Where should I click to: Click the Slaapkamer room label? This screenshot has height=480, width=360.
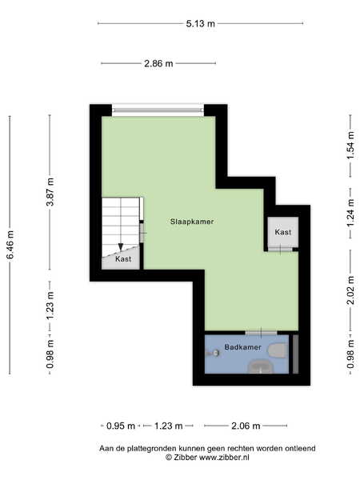192,222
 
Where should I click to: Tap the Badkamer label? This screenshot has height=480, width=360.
242,347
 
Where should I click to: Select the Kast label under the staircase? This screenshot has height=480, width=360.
123,259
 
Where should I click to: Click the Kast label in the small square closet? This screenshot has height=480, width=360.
283,232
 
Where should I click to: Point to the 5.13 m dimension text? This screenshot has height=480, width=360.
201,23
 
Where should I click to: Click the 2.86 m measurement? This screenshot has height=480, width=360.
158,64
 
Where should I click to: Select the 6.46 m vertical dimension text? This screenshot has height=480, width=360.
10,245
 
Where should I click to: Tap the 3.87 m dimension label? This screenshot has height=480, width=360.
50,192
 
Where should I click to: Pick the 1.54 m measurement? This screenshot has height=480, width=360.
350,146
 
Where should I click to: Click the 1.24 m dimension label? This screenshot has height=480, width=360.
350,213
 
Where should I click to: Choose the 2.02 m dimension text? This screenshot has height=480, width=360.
350,290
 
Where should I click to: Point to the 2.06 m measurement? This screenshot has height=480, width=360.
246,426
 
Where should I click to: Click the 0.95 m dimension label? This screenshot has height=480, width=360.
121,426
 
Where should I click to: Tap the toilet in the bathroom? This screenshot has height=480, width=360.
278,351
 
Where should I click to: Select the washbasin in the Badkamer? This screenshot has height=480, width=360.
261,366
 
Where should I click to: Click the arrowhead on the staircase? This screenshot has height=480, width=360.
121,246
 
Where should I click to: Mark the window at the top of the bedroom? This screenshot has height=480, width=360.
158,110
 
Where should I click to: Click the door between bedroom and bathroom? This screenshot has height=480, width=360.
261,333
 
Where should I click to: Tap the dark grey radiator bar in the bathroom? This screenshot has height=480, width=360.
295,354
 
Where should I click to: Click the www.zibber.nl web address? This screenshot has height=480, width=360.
224,458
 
